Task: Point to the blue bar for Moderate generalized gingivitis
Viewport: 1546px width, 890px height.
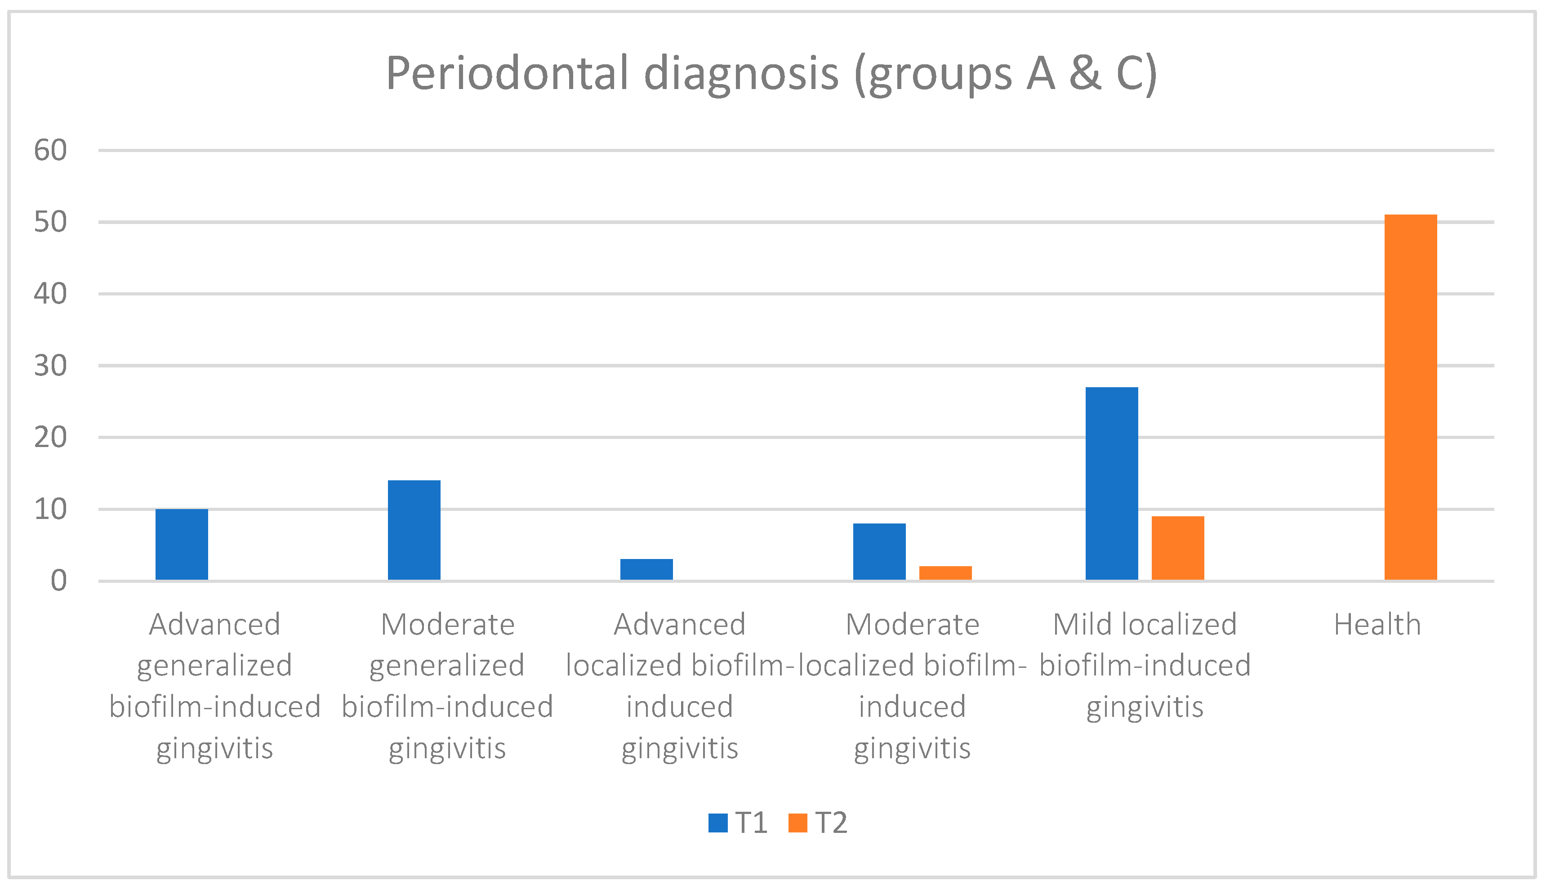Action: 414,530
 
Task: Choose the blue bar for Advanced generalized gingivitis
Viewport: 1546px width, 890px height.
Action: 182,544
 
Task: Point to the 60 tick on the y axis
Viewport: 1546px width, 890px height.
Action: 50,150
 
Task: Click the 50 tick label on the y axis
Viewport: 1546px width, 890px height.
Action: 50,222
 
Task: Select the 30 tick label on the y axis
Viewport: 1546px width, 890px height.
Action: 50,366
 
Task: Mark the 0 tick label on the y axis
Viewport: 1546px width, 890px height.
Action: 58,581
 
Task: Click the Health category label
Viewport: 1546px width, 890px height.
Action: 1377,625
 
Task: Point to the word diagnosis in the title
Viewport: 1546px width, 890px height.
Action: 741,73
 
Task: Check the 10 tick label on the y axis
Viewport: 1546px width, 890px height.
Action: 50,509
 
